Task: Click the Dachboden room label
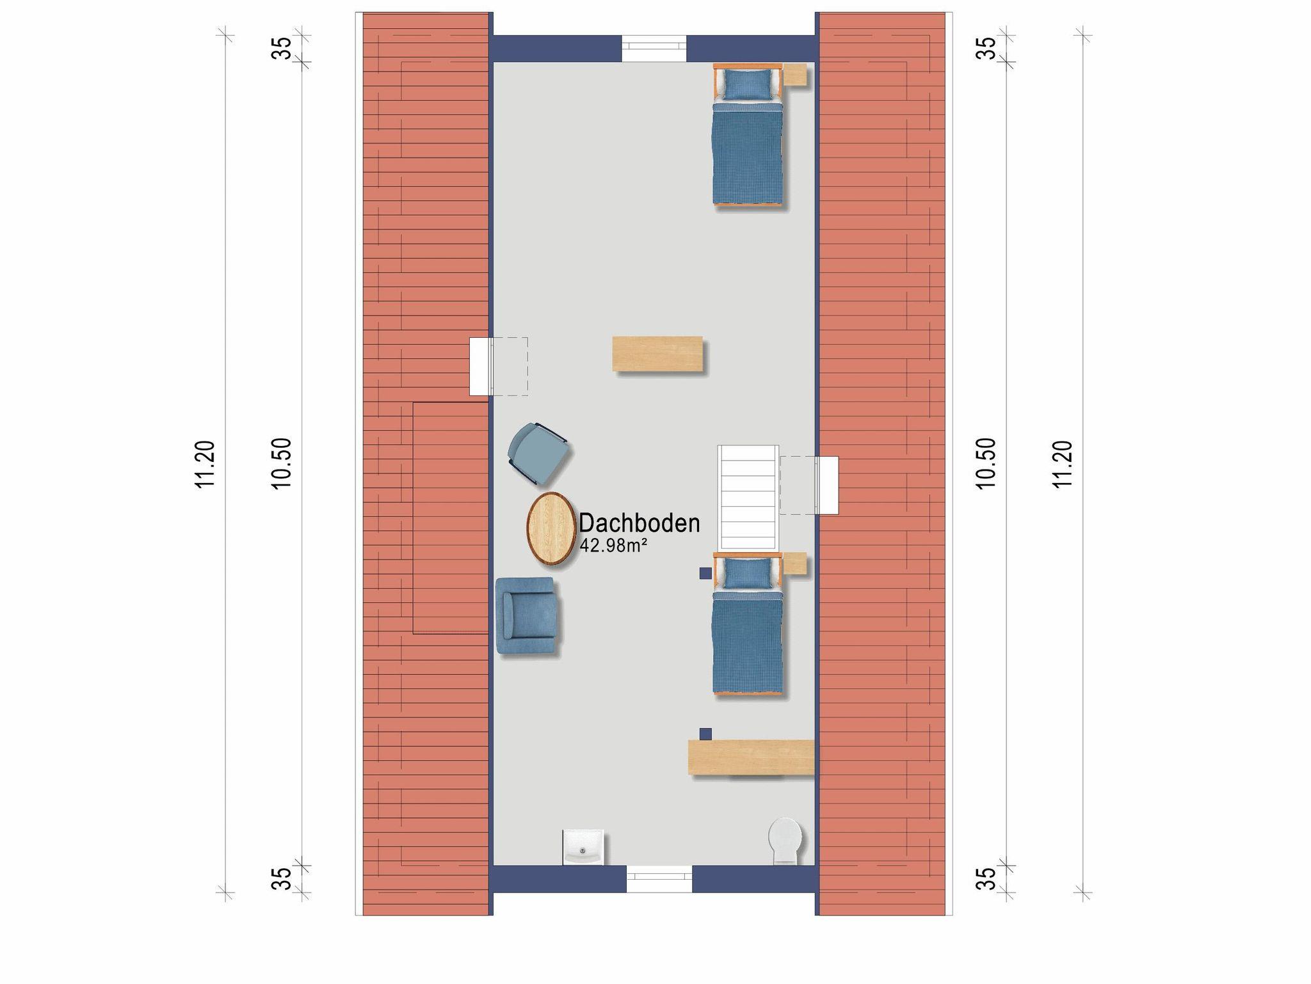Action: [639, 523]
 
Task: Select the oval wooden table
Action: [551, 528]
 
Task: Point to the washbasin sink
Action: [583, 847]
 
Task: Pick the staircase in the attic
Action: [748, 498]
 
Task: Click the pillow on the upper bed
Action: [747, 84]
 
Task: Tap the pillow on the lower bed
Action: [747, 573]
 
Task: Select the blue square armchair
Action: [526, 615]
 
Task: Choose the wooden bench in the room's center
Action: [657, 353]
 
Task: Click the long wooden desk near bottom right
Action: [751, 758]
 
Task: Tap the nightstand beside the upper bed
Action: [794, 74]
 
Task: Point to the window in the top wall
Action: [654, 49]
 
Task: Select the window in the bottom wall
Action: [659, 879]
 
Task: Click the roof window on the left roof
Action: [480, 367]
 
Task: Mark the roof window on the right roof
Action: [827, 485]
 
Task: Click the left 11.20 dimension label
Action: [205, 464]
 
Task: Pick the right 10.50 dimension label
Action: [986, 464]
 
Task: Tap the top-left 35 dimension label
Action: [282, 48]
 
